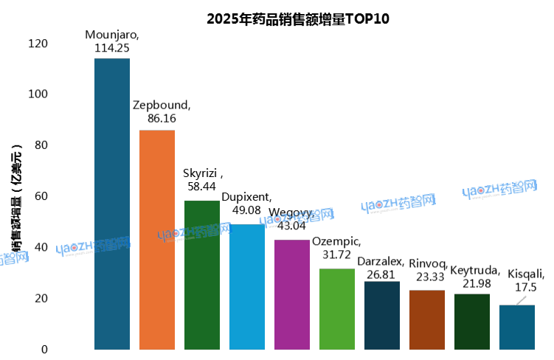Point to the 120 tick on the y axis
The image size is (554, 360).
pyautogui.click(x=38, y=44)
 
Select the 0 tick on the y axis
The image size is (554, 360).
pyautogui.click(x=44, y=349)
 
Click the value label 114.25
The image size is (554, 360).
pyautogui.click(x=112, y=47)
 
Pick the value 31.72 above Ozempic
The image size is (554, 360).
pyautogui.click(x=336, y=255)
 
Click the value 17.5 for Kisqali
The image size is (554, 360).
pyautogui.click(x=526, y=287)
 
